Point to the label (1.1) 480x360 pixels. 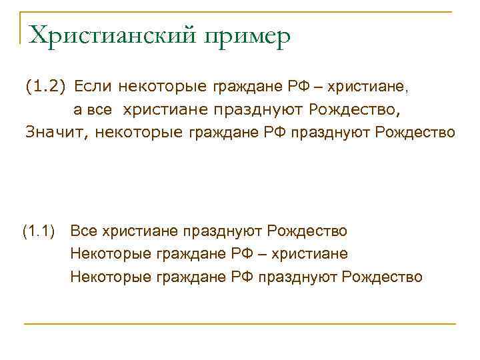pos(41,232)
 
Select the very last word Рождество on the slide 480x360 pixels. pos(382,277)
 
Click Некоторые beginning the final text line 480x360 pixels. pos(111,277)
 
